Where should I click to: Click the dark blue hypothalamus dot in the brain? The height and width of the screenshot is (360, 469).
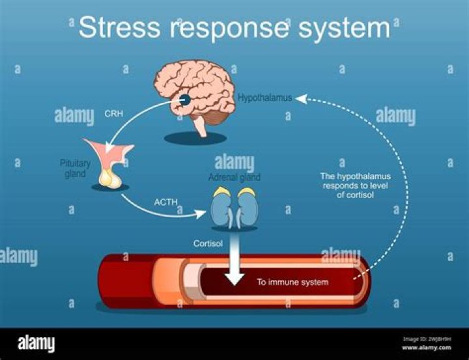click(186, 100)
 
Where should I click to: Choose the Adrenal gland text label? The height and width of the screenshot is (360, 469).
click(234, 177)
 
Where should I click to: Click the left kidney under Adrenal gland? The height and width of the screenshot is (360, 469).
click(221, 208)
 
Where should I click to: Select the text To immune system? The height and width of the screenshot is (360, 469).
click(292, 282)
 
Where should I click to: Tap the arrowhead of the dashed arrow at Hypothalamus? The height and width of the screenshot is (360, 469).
click(300, 98)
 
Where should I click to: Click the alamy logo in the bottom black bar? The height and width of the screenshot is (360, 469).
click(36, 344)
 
